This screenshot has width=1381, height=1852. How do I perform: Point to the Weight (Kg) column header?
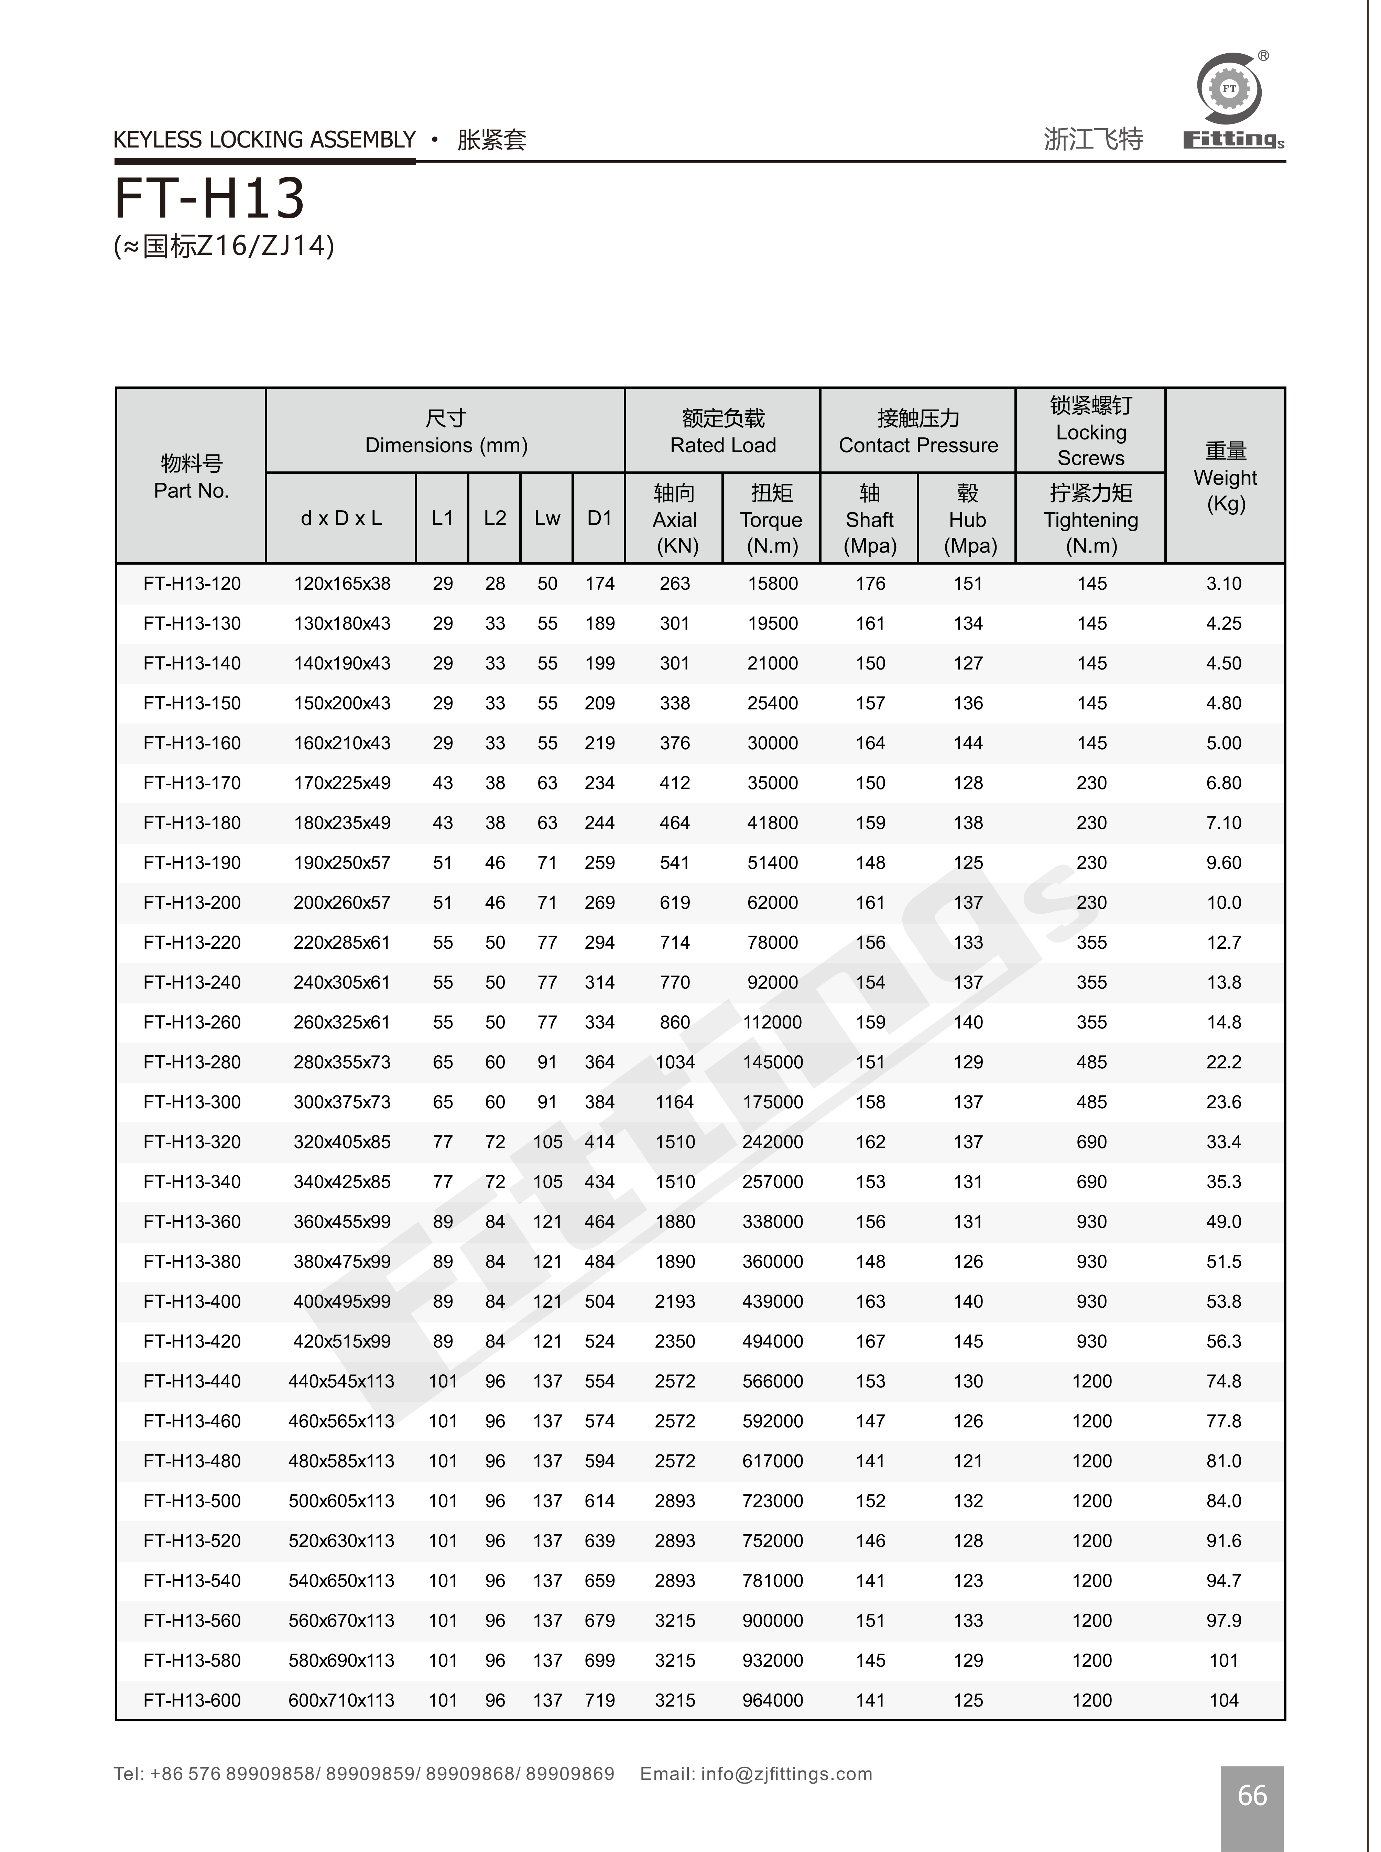coord(1226,477)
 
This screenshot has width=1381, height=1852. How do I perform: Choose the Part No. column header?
coord(192,477)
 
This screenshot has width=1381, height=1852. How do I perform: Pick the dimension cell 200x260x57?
coord(342,903)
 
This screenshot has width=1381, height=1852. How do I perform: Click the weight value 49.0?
coord(1224,1222)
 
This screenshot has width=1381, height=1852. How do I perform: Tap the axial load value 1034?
coord(675,1062)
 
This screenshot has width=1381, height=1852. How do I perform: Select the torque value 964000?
coord(772,1700)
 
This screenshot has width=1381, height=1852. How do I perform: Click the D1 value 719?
coord(599,1700)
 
